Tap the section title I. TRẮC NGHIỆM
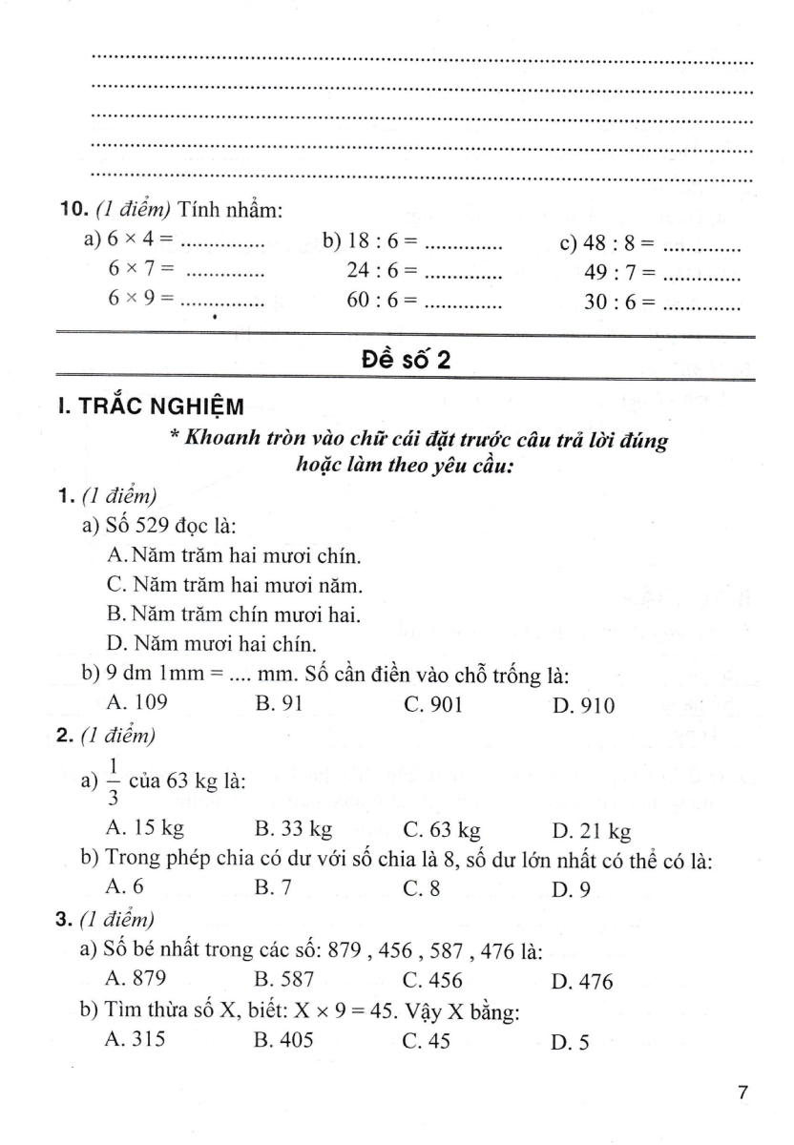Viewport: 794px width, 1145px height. pos(150,406)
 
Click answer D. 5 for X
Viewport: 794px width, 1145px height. pos(571,1043)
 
